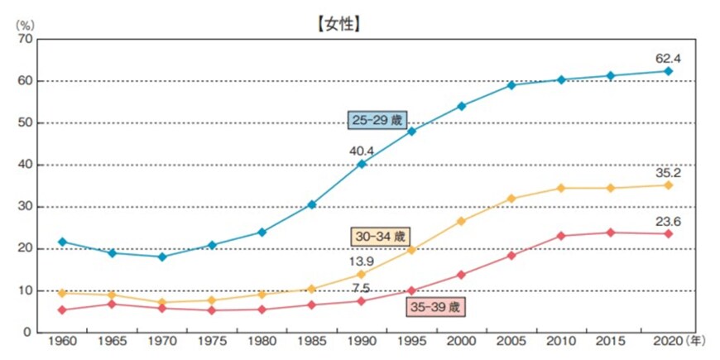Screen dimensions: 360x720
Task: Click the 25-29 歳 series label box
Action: click(377, 120)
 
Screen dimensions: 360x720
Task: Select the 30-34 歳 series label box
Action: click(380, 236)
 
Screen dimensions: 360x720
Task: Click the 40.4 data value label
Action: click(361, 151)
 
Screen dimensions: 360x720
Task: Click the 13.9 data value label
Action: click(361, 262)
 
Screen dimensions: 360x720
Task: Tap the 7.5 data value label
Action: click(362, 287)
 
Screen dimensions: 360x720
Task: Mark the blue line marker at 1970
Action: click(162, 257)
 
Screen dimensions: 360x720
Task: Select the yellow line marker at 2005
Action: click(511, 199)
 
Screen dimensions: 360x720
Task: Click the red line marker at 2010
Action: click(561, 236)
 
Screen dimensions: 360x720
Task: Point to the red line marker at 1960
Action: click(63, 310)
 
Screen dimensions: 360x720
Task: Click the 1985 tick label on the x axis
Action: click(312, 342)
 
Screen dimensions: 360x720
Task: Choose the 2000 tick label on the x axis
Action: click(462, 342)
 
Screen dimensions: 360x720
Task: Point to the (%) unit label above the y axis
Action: click(22, 23)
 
